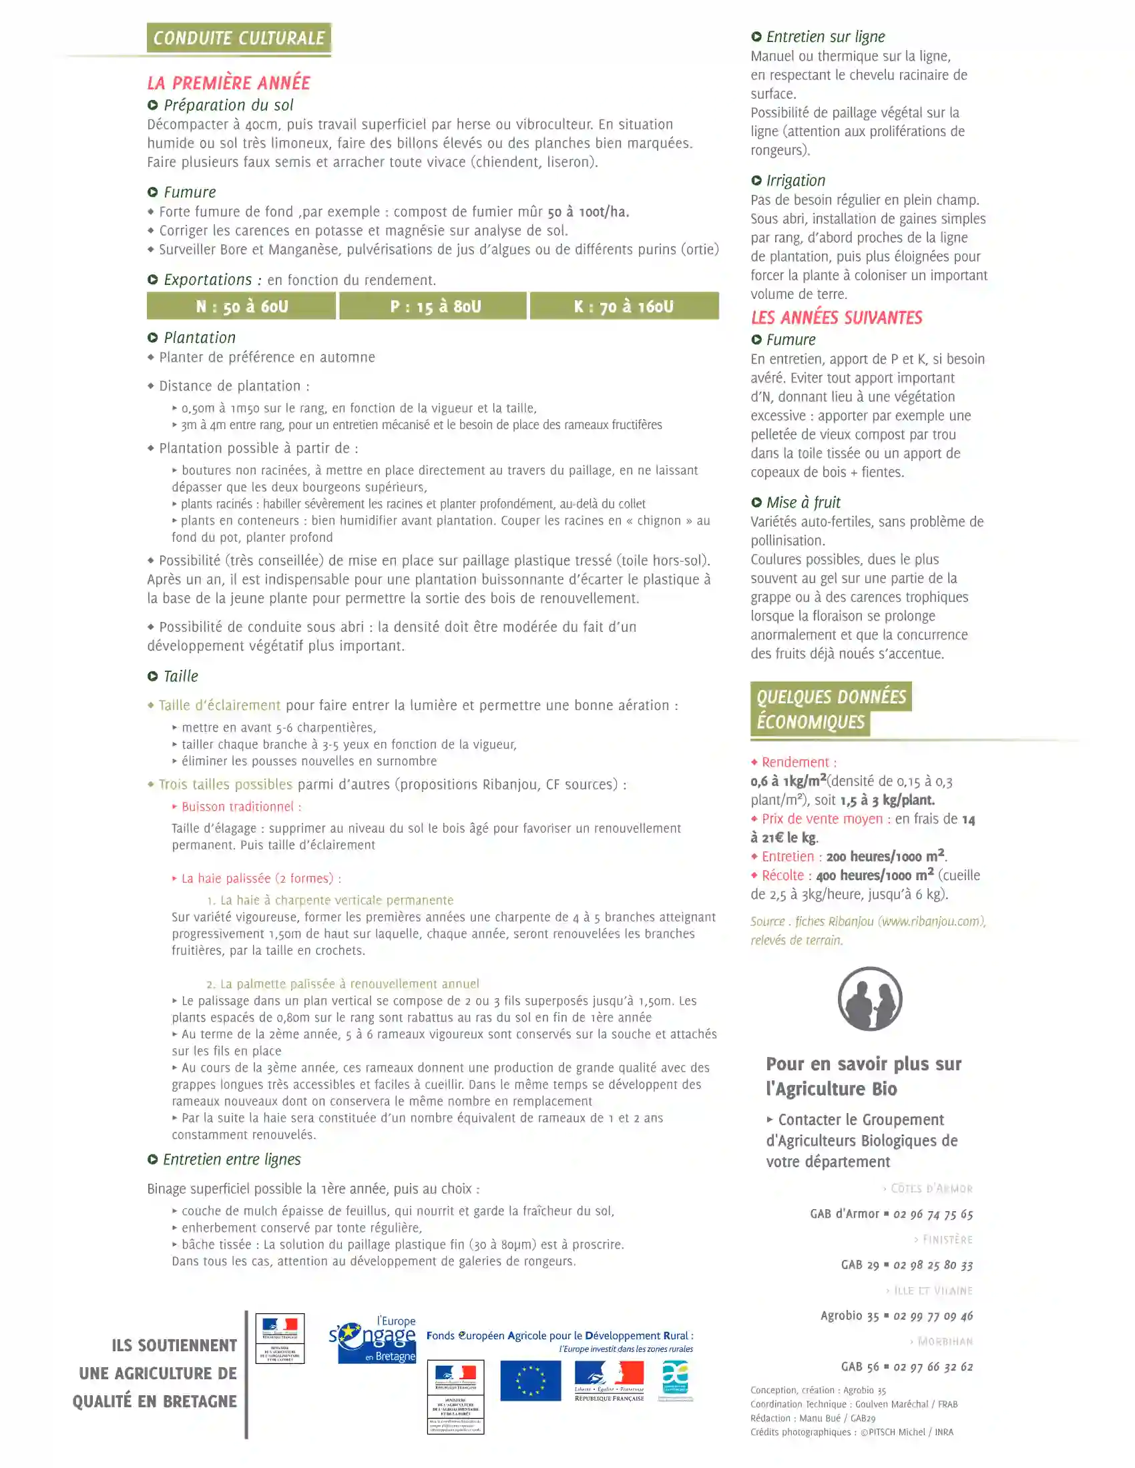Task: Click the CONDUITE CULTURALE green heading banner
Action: [239, 37]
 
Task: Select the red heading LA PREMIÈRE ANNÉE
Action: [228, 83]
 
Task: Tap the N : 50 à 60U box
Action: [242, 306]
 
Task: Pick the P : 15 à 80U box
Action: [434, 306]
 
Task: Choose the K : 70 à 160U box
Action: [624, 306]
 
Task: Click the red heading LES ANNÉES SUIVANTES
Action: [837, 317]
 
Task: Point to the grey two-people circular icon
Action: [869, 998]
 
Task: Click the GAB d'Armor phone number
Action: [933, 1214]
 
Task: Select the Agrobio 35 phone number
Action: [933, 1316]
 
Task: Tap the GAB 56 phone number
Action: [933, 1367]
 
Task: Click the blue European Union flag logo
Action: [530, 1381]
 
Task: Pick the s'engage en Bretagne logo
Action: [373, 1341]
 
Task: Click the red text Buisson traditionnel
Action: [242, 807]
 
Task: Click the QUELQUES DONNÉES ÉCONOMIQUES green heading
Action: [831, 709]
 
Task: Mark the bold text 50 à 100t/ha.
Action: [588, 212]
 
